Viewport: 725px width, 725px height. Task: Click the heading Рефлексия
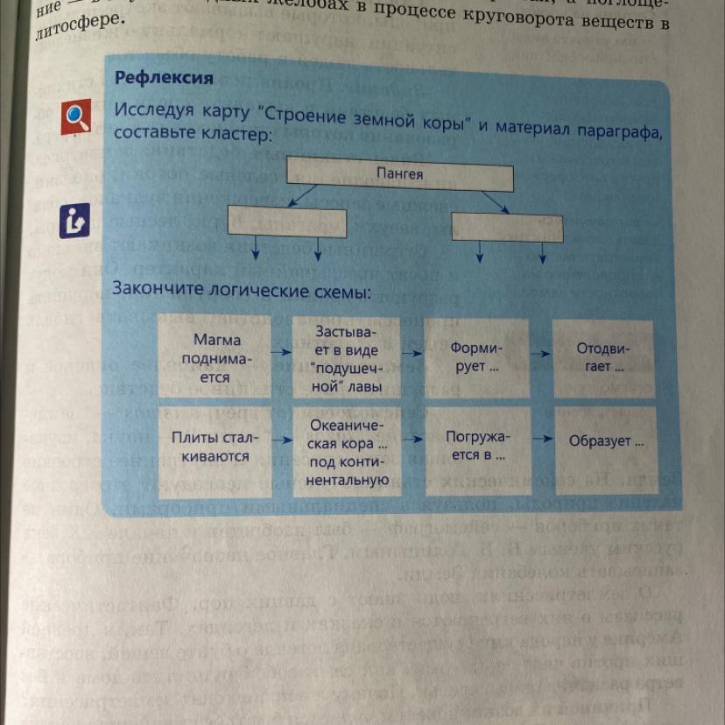[164, 78]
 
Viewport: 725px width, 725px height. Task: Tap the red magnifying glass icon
[76, 117]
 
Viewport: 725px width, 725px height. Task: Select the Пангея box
[399, 175]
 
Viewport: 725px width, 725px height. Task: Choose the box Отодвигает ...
[602, 356]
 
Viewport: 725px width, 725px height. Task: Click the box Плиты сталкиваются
[210, 446]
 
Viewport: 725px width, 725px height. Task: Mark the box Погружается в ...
[475, 445]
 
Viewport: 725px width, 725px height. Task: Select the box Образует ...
[605, 441]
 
